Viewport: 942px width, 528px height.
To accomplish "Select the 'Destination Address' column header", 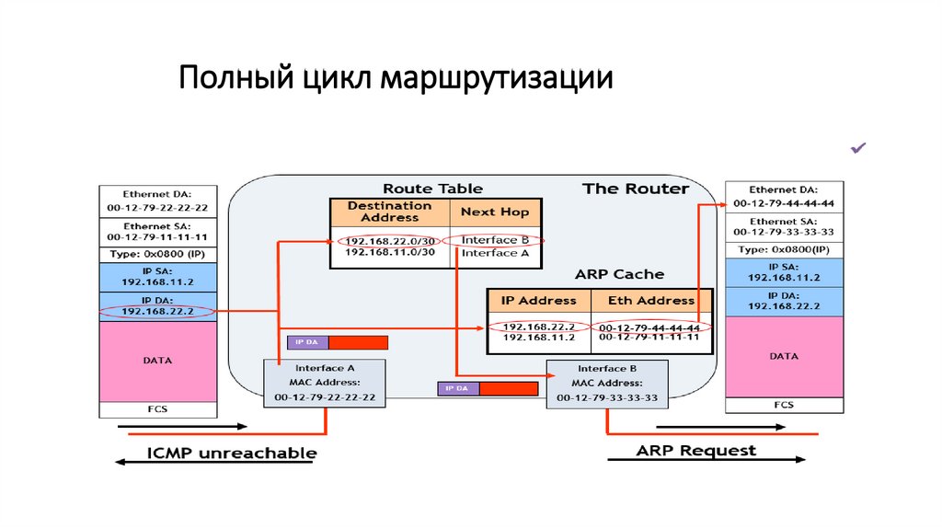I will (x=389, y=212).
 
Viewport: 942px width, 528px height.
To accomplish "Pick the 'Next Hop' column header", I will (x=495, y=212).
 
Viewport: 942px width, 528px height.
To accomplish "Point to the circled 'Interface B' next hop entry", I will (x=494, y=240).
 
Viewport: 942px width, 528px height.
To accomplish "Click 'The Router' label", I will (x=635, y=189).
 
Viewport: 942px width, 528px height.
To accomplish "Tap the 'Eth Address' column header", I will (x=651, y=300).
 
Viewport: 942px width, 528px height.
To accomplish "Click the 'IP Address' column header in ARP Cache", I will (x=538, y=300).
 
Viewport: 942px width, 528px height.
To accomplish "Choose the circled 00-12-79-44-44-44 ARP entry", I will (x=649, y=327).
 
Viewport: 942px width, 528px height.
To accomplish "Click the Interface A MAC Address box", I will (x=325, y=383).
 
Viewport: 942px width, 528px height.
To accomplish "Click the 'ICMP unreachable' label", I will (x=232, y=453).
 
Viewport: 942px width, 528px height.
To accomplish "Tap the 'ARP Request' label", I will (x=695, y=451).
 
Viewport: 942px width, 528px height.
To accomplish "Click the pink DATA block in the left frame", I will (x=157, y=361).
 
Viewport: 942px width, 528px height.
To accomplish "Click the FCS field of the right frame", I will (x=784, y=405).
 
